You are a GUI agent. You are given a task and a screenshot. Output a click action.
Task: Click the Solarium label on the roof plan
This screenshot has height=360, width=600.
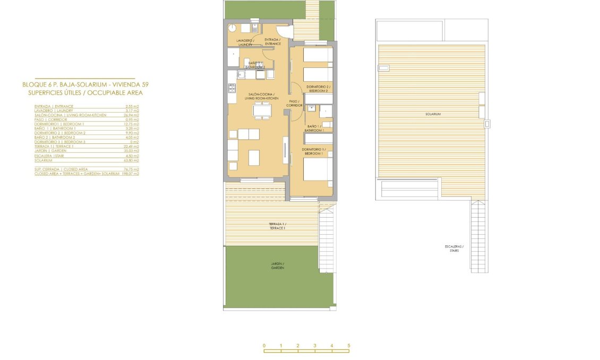(433, 114)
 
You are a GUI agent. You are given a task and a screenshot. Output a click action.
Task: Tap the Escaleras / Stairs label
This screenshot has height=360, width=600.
(455, 248)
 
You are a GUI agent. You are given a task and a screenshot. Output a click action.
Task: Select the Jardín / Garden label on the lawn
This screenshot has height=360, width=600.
(277, 265)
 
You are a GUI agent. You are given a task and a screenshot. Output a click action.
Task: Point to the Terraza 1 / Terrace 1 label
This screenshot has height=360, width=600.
(277, 226)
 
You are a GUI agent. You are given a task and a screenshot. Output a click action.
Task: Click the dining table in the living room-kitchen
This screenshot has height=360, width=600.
(263, 110)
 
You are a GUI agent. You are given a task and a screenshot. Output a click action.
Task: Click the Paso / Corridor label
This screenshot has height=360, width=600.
(295, 103)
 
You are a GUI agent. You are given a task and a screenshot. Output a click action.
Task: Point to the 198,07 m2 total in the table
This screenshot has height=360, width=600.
(130, 174)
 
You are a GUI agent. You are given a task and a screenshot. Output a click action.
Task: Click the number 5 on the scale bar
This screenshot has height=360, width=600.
(349, 346)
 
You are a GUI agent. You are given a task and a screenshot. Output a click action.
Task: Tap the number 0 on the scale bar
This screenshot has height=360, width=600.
(264, 346)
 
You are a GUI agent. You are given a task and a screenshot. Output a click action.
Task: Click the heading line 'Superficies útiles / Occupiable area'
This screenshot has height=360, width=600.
(85, 93)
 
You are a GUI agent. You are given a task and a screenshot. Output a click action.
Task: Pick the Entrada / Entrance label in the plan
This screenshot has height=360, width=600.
(272, 41)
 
